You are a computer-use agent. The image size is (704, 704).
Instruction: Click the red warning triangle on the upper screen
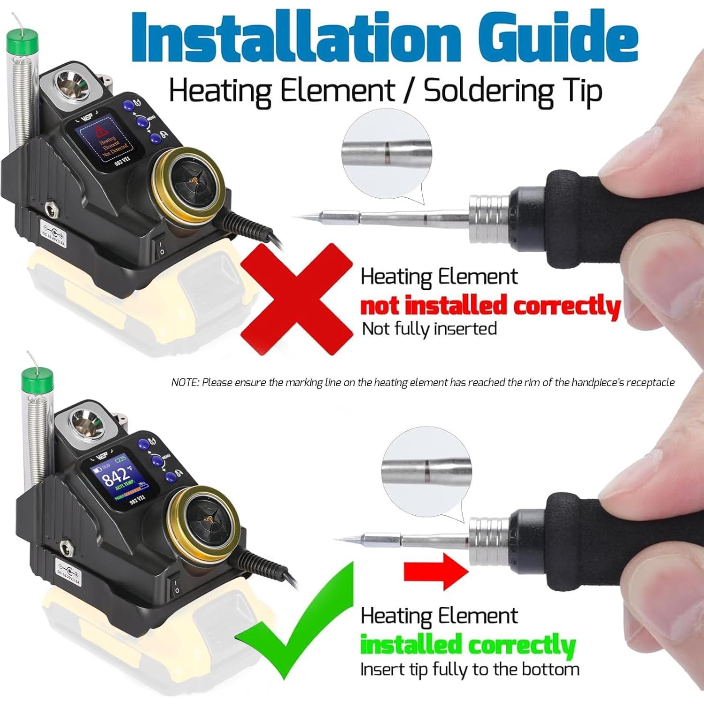(99, 130)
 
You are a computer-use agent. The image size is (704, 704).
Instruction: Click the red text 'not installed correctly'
(490, 306)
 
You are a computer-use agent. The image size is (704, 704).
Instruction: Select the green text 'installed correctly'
(467, 644)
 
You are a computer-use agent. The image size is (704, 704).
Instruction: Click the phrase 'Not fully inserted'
(429, 328)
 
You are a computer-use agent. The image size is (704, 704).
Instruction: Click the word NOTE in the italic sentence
(185, 382)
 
